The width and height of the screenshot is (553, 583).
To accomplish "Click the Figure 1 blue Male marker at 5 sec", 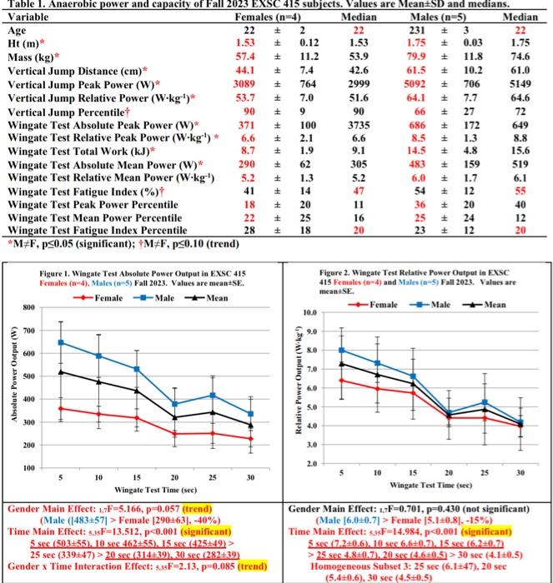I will point(60,342).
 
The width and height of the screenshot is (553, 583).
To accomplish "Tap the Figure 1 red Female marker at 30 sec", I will point(251,439).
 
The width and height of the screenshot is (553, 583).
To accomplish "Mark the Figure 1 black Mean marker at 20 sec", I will point(174,417).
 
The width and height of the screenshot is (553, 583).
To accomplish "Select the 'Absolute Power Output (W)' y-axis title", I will point(13,383).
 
